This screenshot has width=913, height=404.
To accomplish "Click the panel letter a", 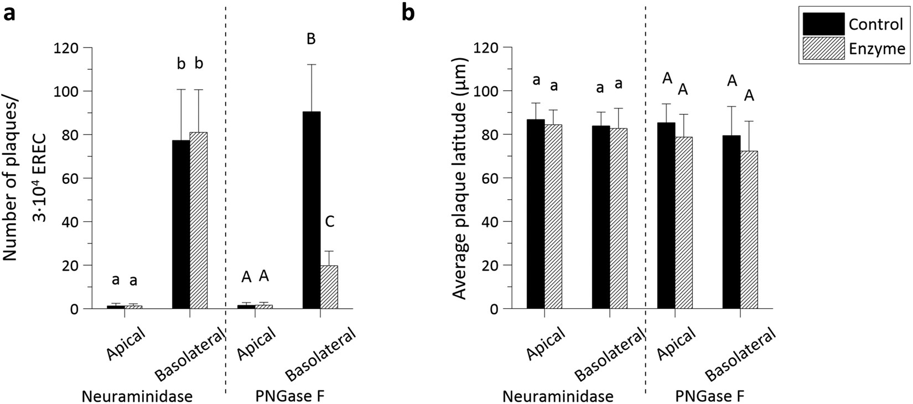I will (9, 13).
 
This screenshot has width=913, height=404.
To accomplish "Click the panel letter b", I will (408, 13).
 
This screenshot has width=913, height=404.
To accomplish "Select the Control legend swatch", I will (824, 24).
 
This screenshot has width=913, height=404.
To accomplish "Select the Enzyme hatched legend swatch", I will (824, 48).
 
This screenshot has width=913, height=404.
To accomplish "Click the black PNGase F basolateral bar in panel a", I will (312, 210).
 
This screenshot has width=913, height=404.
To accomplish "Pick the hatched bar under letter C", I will (329, 287).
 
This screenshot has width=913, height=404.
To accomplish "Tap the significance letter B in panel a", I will (311, 39).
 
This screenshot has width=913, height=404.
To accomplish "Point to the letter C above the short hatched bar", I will (329, 222).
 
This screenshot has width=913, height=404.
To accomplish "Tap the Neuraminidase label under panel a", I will (137, 396).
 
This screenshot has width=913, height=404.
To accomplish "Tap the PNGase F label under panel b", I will (710, 396).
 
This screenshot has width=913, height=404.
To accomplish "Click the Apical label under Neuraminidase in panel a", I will (127, 345).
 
